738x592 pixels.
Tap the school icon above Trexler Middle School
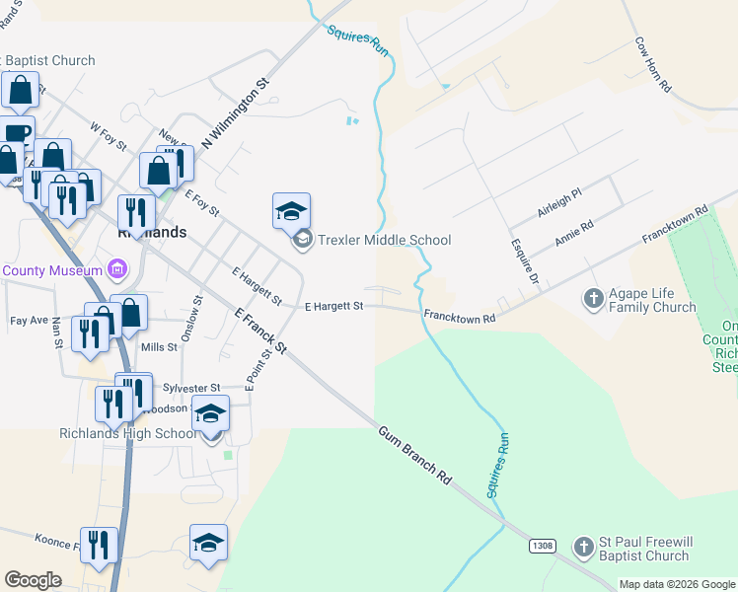pos(291,211)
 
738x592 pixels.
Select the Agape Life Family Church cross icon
pos(593,297)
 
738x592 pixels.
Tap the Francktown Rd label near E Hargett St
pos(459,316)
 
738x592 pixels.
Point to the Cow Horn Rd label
pos(653,65)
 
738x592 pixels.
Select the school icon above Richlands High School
pos(209,413)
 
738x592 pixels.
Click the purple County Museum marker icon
pos(117,268)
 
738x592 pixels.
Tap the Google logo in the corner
pos(33,580)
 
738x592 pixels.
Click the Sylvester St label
pos(192,389)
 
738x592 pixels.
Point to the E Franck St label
pos(261,331)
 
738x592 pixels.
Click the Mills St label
pos(159,347)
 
